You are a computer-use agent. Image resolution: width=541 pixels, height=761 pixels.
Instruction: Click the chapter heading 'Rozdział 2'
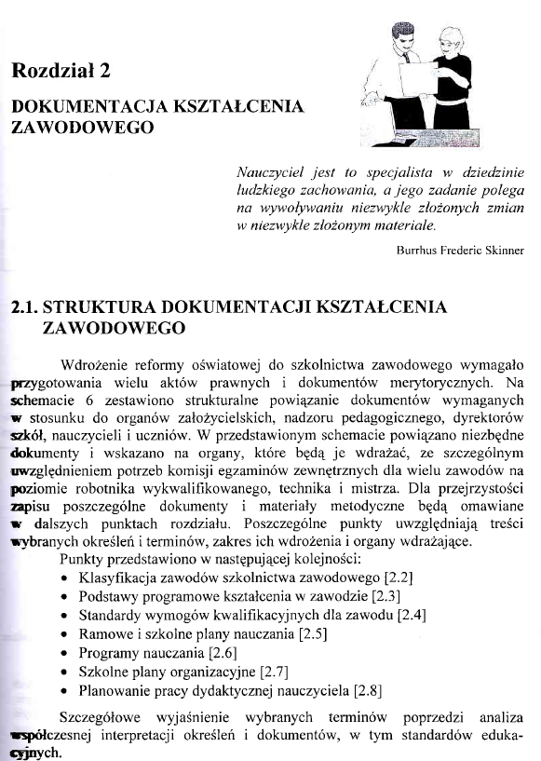[63, 71]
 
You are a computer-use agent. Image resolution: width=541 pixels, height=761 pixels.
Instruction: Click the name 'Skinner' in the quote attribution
[502, 251]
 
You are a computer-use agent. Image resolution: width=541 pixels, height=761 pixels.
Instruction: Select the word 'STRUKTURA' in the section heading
[101, 306]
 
